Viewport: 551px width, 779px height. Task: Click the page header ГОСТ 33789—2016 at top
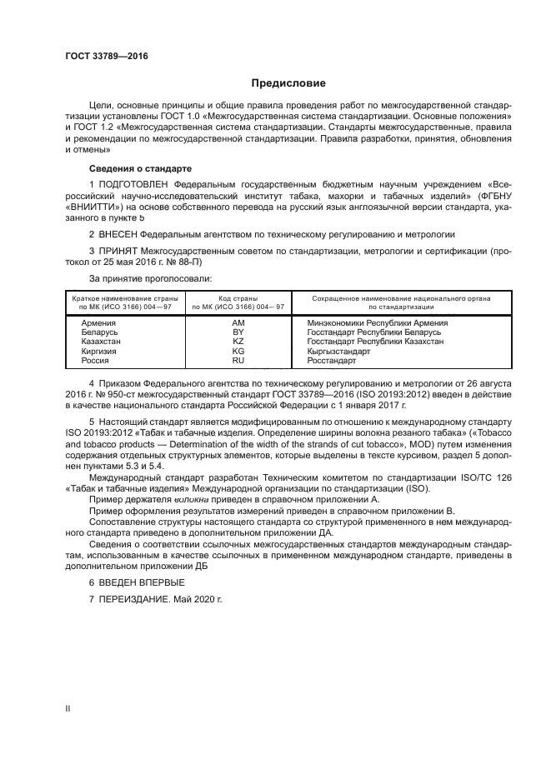point(100,57)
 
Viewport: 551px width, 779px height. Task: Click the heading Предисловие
point(288,83)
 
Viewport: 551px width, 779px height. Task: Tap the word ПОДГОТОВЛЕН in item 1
point(133,185)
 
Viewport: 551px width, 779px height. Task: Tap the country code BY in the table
point(238,332)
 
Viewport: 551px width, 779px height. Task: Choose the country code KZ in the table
point(238,342)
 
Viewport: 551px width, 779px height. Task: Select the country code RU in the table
point(238,361)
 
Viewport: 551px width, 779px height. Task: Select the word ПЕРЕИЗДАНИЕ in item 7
point(134,598)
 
